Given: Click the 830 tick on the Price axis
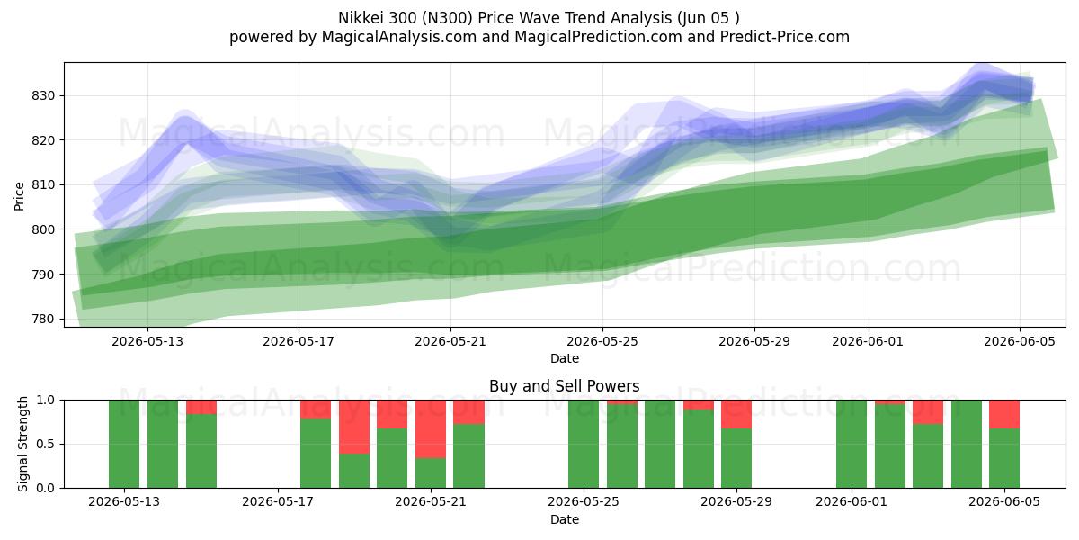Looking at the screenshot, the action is [x=43, y=96].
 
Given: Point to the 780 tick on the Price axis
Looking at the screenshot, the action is [x=43, y=319].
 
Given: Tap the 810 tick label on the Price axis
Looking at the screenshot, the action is [x=43, y=185].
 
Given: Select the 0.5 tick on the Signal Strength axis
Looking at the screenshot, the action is [x=46, y=444].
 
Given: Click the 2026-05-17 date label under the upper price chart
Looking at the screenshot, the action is [x=299, y=341].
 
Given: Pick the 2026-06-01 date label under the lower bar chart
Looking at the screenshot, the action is [x=852, y=502].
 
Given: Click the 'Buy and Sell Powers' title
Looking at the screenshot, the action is [x=564, y=386].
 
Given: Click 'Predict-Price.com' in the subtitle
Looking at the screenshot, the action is [x=785, y=37].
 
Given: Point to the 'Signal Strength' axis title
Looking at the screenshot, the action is [x=22, y=444].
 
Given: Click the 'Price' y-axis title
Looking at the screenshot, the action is [x=19, y=196].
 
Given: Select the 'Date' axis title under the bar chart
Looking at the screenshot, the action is [x=565, y=520].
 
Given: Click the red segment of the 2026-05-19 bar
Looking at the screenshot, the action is [x=354, y=427].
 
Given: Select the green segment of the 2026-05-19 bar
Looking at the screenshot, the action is [x=354, y=471].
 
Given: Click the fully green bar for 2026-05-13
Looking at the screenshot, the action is [x=124, y=444].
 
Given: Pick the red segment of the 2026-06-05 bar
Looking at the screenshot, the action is [x=1004, y=414].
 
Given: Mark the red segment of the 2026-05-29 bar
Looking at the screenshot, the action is [x=736, y=414].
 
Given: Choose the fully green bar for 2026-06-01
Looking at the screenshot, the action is [x=852, y=444].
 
